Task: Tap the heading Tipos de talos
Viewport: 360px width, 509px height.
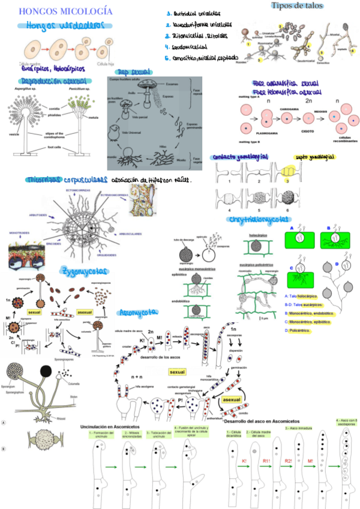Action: click(x=297, y=5)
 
